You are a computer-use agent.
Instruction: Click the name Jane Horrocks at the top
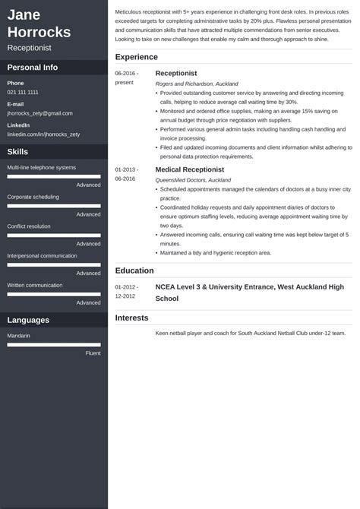tap(39, 24)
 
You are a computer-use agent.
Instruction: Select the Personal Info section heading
tap(33, 67)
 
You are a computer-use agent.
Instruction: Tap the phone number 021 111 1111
tap(23, 92)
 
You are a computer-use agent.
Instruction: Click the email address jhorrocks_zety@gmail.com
tap(39, 112)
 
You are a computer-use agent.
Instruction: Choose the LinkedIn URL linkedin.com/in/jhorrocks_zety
tap(43, 134)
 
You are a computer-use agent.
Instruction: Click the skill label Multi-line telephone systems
tap(42, 167)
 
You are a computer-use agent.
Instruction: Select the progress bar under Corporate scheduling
tap(54, 206)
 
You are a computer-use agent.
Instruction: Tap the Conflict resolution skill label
tap(29, 226)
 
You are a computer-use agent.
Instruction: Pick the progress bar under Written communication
tap(54, 294)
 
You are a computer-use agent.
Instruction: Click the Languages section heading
tap(28, 320)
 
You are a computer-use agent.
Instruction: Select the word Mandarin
tap(19, 335)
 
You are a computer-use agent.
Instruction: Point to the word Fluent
tap(93, 353)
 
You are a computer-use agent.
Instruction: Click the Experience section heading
tap(137, 57)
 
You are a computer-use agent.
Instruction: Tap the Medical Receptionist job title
tap(190, 169)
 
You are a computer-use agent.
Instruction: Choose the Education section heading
tap(134, 270)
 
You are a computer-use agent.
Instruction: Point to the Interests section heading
tap(132, 318)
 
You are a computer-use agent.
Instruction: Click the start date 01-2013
tap(126, 169)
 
